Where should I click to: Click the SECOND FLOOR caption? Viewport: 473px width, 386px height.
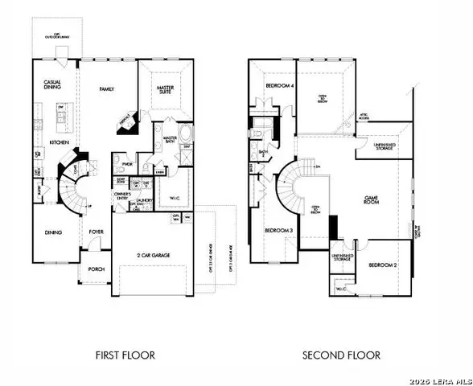341,355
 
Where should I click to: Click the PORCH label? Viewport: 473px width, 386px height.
95,269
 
